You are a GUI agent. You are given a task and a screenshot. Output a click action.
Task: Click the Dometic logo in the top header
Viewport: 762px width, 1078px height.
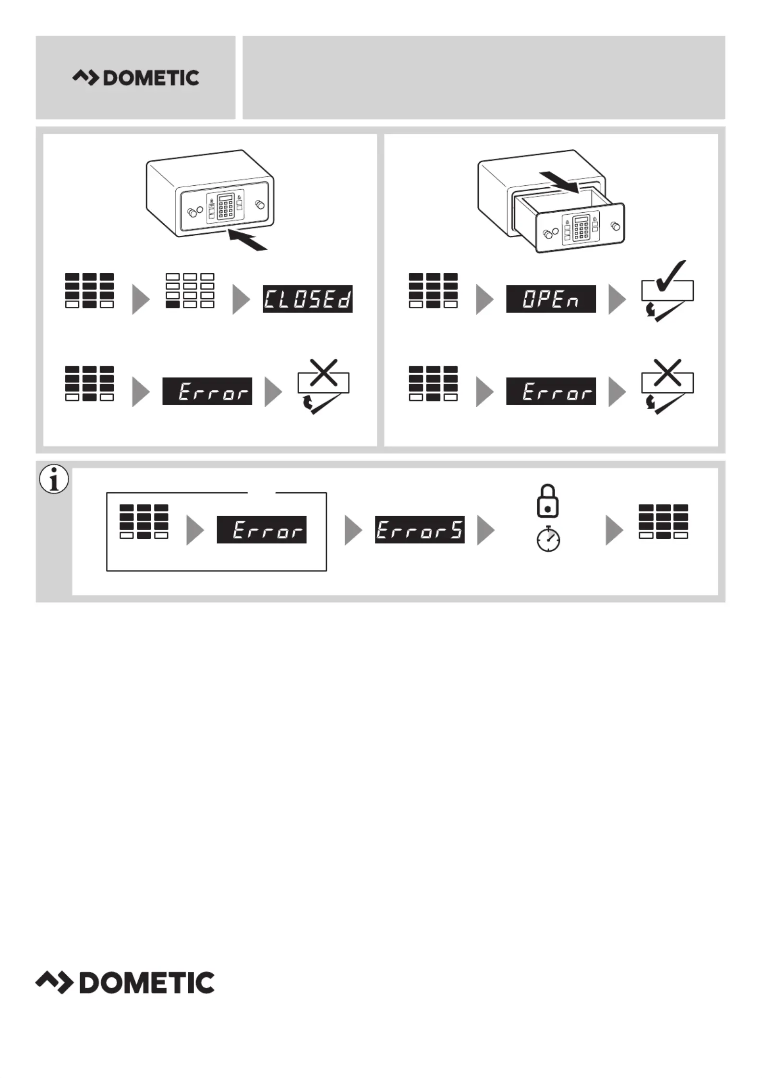(136, 78)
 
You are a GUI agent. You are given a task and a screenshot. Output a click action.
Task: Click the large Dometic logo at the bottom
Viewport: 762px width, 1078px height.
(125, 982)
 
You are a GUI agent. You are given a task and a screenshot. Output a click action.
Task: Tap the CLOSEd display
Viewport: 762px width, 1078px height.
(307, 299)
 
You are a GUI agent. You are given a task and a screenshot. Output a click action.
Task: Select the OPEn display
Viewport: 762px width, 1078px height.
(551, 299)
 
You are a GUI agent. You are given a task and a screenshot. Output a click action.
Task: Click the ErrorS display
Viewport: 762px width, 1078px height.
(420, 530)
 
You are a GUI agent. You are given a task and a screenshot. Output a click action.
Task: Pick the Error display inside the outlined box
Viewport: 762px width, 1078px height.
(262, 530)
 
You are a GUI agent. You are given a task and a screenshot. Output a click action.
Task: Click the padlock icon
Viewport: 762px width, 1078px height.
(548, 502)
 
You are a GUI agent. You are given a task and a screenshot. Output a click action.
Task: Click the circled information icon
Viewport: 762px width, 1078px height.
(54, 479)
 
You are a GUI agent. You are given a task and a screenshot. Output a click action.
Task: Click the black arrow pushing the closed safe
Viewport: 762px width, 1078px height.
(247, 240)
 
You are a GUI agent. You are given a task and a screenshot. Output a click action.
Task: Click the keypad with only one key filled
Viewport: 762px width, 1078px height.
(190, 291)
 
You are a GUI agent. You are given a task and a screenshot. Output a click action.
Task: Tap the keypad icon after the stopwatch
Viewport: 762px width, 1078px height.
(663, 521)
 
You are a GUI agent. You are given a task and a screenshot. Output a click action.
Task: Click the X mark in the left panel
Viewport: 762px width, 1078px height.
(324, 372)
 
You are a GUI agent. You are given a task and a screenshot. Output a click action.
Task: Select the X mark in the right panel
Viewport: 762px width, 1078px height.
(667, 372)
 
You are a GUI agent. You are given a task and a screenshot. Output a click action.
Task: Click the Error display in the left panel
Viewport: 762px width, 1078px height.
(207, 391)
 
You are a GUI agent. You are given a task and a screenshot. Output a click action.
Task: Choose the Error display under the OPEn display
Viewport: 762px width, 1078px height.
(551, 391)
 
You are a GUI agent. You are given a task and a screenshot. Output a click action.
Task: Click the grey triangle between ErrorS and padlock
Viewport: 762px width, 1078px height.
(485, 530)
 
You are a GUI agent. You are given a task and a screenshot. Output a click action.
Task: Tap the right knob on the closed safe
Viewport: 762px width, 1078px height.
(260, 205)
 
